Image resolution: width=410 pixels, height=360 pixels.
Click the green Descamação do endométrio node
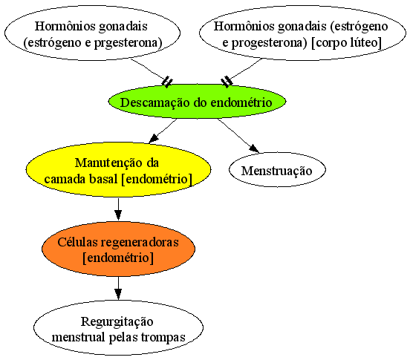[197, 102]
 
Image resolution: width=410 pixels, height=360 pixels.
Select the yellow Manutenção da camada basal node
[118, 170]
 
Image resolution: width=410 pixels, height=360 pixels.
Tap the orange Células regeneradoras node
[118, 249]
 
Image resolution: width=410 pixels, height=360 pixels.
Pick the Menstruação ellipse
[277, 170]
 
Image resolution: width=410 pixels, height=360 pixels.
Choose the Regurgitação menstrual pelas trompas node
[118, 328]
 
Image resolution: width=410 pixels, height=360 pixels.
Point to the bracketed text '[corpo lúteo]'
[346, 42]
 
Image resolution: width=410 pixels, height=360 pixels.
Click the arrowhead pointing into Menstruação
[255, 148]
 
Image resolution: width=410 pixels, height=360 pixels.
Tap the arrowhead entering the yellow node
[154, 139]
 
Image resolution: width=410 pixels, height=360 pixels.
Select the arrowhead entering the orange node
[118, 215]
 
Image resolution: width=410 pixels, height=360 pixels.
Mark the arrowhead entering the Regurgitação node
[118, 294]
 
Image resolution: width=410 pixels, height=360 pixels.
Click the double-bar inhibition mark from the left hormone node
[167, 82]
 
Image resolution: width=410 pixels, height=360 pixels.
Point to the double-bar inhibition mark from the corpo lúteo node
[227, 82]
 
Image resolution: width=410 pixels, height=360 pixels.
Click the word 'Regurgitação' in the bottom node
[117, 322]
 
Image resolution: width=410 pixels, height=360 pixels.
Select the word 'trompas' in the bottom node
[163, 338]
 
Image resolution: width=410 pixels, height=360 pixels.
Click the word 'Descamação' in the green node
[155, 102]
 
